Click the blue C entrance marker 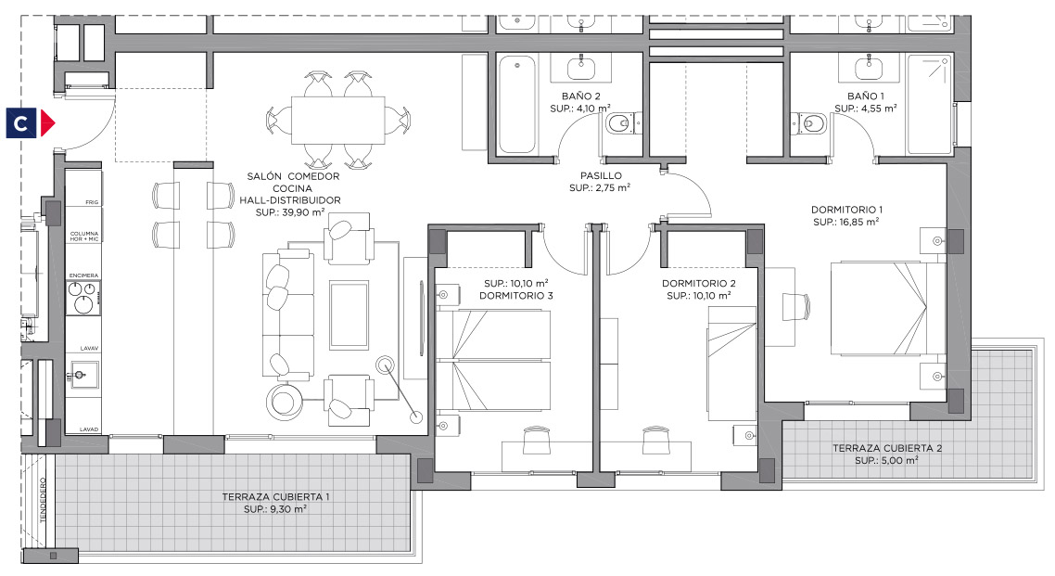click(21, 123)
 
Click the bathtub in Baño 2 click(517, 104)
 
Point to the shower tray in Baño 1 click(929, 104)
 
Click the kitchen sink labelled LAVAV click(84, 374)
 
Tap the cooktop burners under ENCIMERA click(83, 298)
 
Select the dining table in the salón click(337, 121)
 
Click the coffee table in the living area click(350, 315)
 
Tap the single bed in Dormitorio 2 click(731, 364)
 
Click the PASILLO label click(601, 175)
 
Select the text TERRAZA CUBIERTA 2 click(887, 448)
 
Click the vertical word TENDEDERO click(43, 500)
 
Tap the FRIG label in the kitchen click(92, 202)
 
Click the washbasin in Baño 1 click(869, 68)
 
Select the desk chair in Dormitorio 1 click(797, 307)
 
